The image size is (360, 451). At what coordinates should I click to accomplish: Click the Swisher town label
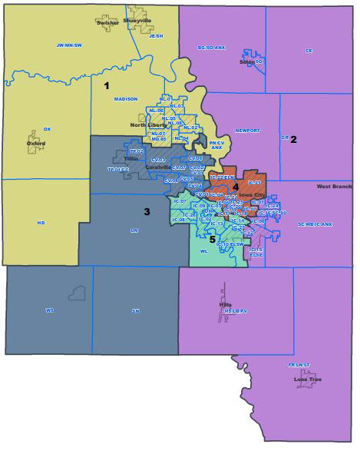coord(108,22)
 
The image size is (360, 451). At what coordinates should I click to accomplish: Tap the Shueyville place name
coord(137,21)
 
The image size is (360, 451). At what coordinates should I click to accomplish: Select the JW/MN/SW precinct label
coord(70,46)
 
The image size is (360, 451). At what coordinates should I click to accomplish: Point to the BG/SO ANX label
coord(213,48)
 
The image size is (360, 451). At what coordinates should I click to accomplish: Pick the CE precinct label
coord(309,51)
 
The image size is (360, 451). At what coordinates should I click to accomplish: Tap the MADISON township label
coord(125,99)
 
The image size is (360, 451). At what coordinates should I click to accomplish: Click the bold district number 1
coord(107,85)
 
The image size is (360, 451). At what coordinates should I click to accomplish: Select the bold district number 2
coord(293,139)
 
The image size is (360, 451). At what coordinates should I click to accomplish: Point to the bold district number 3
coord(147,211)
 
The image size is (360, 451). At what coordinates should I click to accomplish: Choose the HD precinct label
coord(41,223)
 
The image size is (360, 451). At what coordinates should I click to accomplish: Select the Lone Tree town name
coord(307,380)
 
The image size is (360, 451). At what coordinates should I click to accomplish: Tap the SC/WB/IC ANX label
coord(315,224)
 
